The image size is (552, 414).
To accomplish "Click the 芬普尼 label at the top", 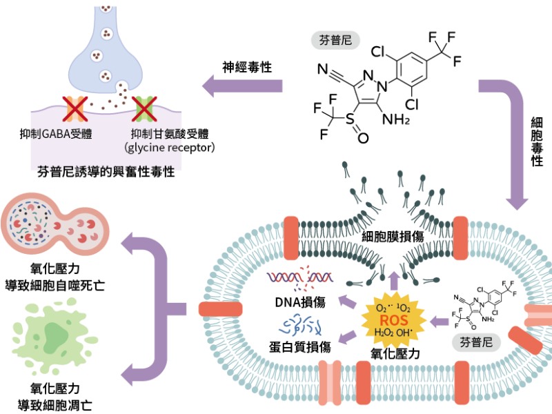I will tap(336, 40).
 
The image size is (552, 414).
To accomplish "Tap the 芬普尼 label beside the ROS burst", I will tap(476, 342).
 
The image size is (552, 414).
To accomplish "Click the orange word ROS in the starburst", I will tap(393, 320).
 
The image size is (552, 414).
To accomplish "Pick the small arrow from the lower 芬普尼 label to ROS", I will tap(439, 321).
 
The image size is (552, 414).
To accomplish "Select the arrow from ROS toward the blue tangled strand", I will tap(347, 336).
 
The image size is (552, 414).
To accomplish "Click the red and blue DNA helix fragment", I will tap(301, 279).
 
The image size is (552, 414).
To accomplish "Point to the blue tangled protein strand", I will tap(301, 325).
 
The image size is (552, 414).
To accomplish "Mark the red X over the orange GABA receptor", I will tap(75, 108).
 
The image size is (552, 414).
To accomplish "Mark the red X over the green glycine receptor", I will tap(144, 108).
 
